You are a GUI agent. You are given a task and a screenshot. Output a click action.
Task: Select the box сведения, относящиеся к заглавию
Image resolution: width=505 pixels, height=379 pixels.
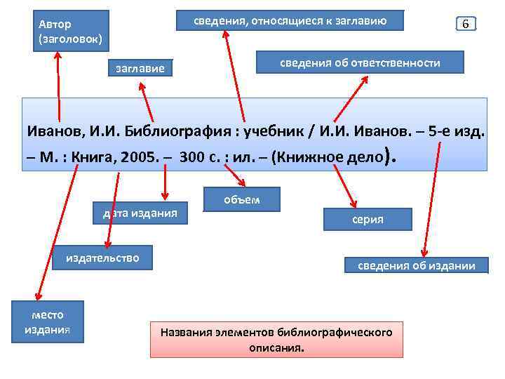tap(290, 21)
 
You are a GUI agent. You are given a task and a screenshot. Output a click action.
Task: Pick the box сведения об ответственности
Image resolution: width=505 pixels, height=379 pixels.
tap(360, 63)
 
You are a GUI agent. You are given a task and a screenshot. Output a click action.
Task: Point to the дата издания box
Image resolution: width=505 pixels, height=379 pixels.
tap(140, 213)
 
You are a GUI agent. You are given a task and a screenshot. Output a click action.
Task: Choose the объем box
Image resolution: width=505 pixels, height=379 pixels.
tap(241, 200)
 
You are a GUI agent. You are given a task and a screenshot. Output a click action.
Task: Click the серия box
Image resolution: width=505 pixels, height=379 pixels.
tap(368, 220)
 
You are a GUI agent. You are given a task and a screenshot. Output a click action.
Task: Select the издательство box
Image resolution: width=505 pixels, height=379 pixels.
tap(102, 258)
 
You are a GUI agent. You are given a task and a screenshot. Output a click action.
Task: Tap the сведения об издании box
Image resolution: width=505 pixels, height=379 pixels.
tap(417, 265)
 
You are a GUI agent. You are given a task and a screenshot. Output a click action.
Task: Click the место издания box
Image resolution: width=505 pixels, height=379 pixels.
tap(48, 322)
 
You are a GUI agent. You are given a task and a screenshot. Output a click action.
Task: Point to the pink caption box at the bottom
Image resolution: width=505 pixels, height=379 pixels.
tap(276, 340)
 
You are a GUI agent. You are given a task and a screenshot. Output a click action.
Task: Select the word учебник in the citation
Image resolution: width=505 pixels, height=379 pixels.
tap(268, 131)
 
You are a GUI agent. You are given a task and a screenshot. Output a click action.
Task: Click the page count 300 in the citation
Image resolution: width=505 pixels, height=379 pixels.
tap(191, 156)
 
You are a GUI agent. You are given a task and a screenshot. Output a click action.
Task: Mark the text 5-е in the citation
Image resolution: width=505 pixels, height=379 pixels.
tap(437, 131)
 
